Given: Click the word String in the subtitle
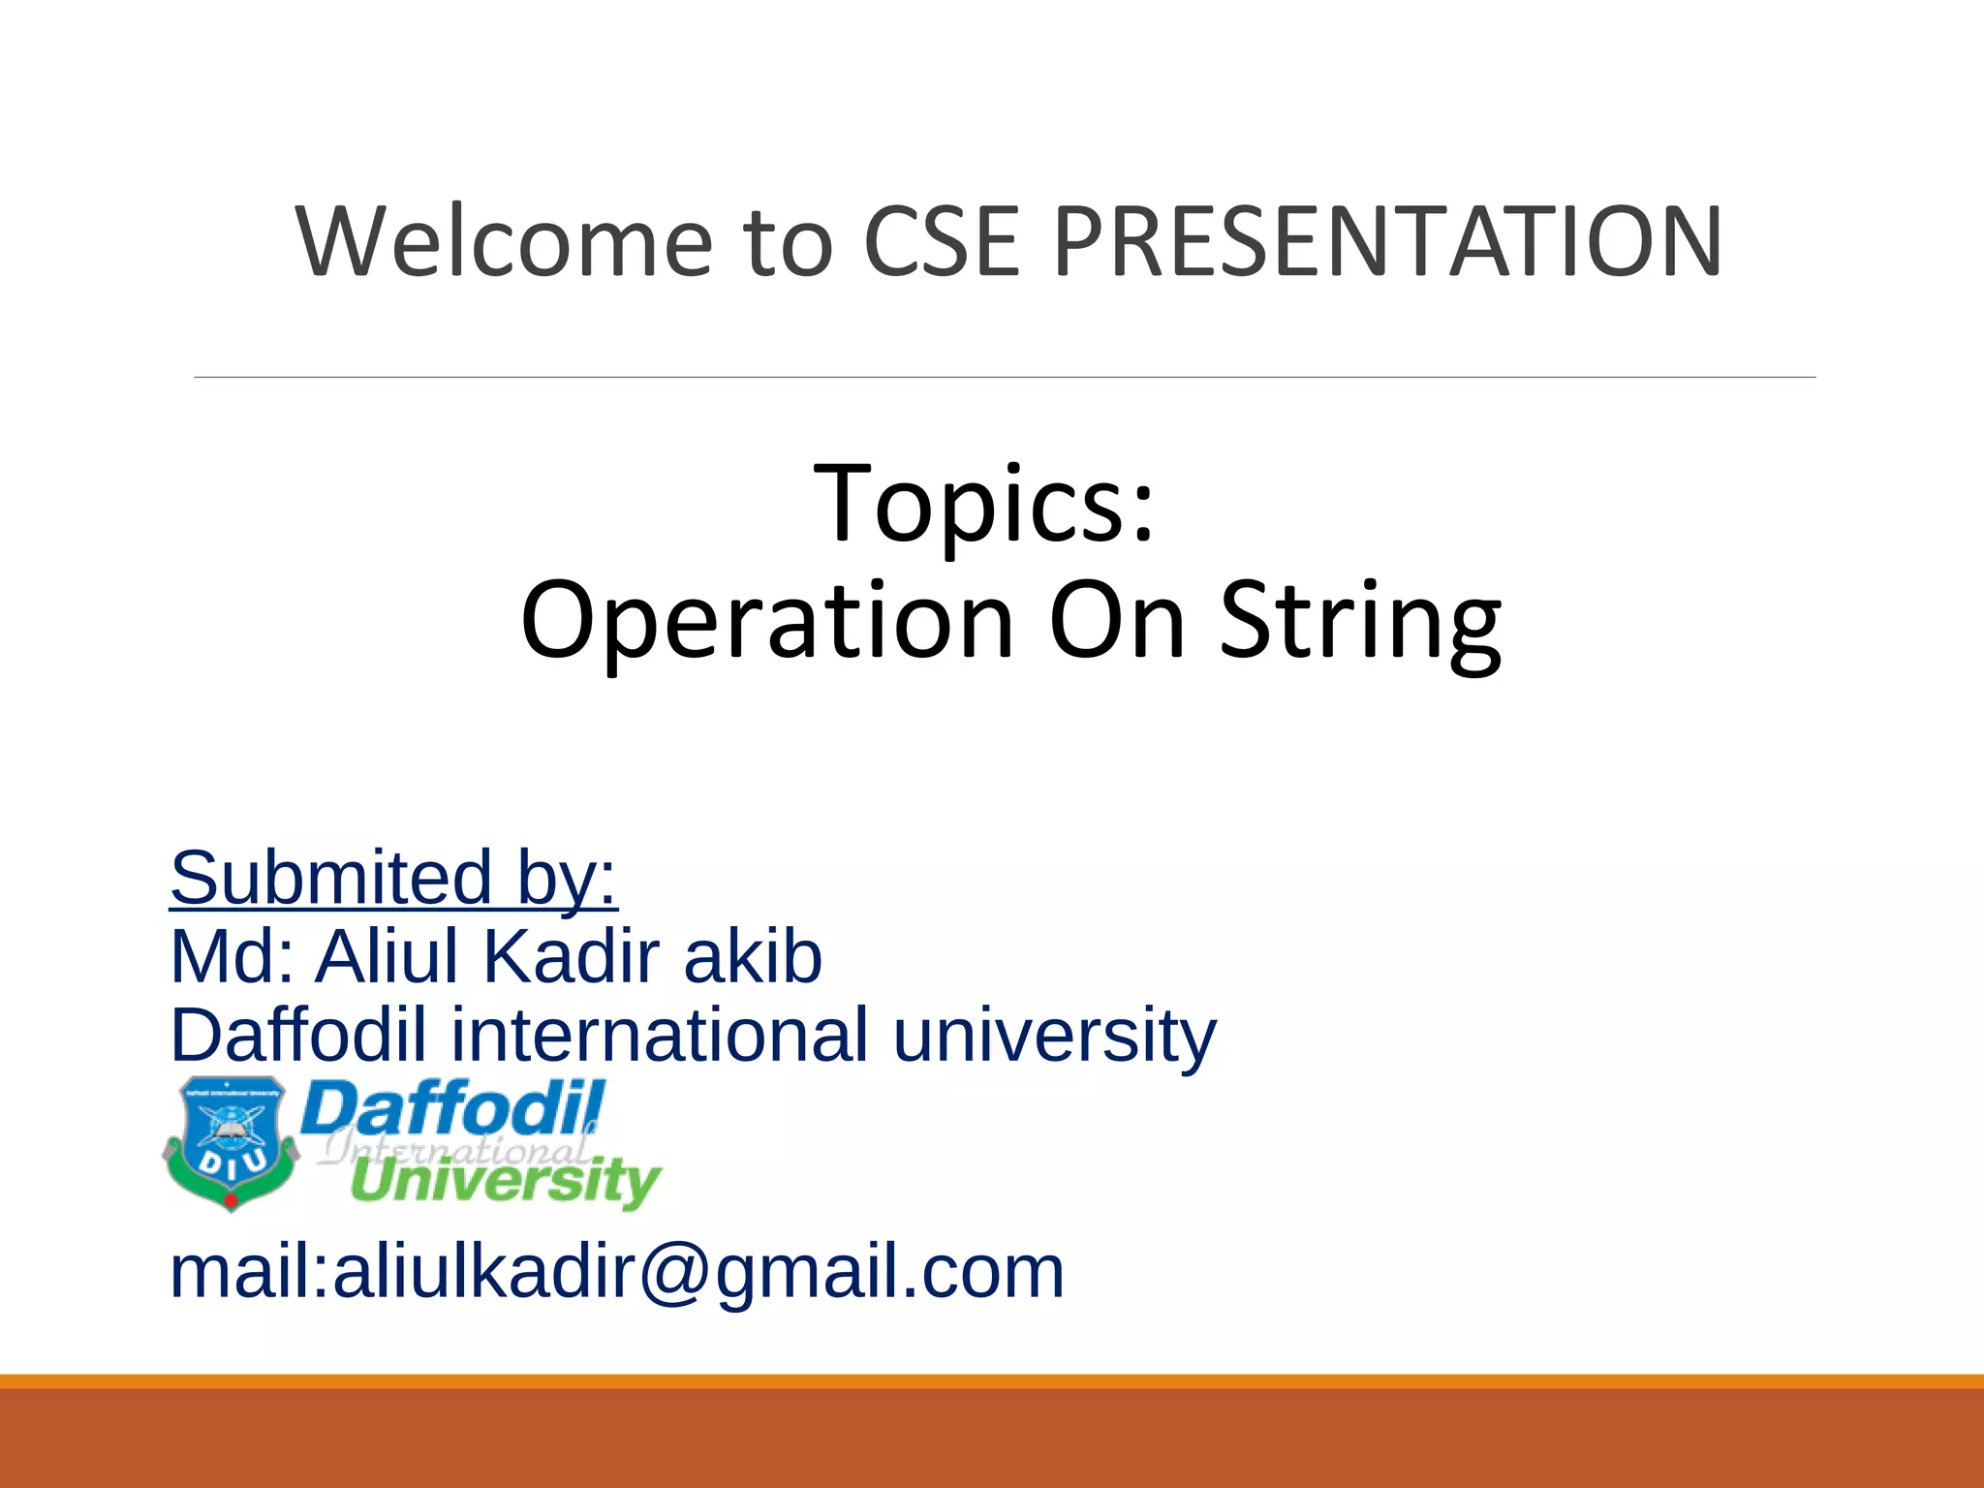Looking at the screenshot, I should [1360, 622].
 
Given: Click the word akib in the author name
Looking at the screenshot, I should [753, 956].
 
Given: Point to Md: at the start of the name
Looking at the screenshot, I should [232, 956].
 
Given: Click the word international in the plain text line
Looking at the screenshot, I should [660, 1035].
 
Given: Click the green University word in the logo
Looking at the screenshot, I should [505, 1182].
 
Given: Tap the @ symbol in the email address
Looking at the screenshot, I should [669, 1271].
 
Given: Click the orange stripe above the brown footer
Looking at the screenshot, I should [992, 1381].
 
